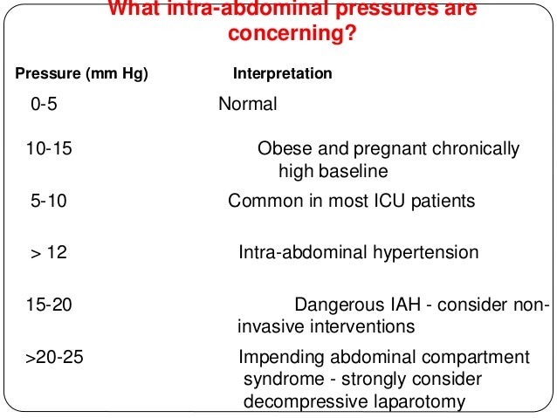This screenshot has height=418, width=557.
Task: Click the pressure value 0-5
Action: [x=47, y=105]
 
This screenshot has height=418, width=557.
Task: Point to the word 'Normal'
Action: [x=247, y=105]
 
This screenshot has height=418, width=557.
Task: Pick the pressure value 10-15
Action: [x=49, y=149]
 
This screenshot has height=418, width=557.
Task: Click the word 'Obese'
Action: [x=280, y=149]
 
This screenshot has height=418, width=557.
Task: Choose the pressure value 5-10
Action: [x=49, y=202]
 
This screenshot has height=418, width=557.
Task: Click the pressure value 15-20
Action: [x=49, y=306]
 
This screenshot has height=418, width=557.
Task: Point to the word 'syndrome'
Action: [x=281, y=380]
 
